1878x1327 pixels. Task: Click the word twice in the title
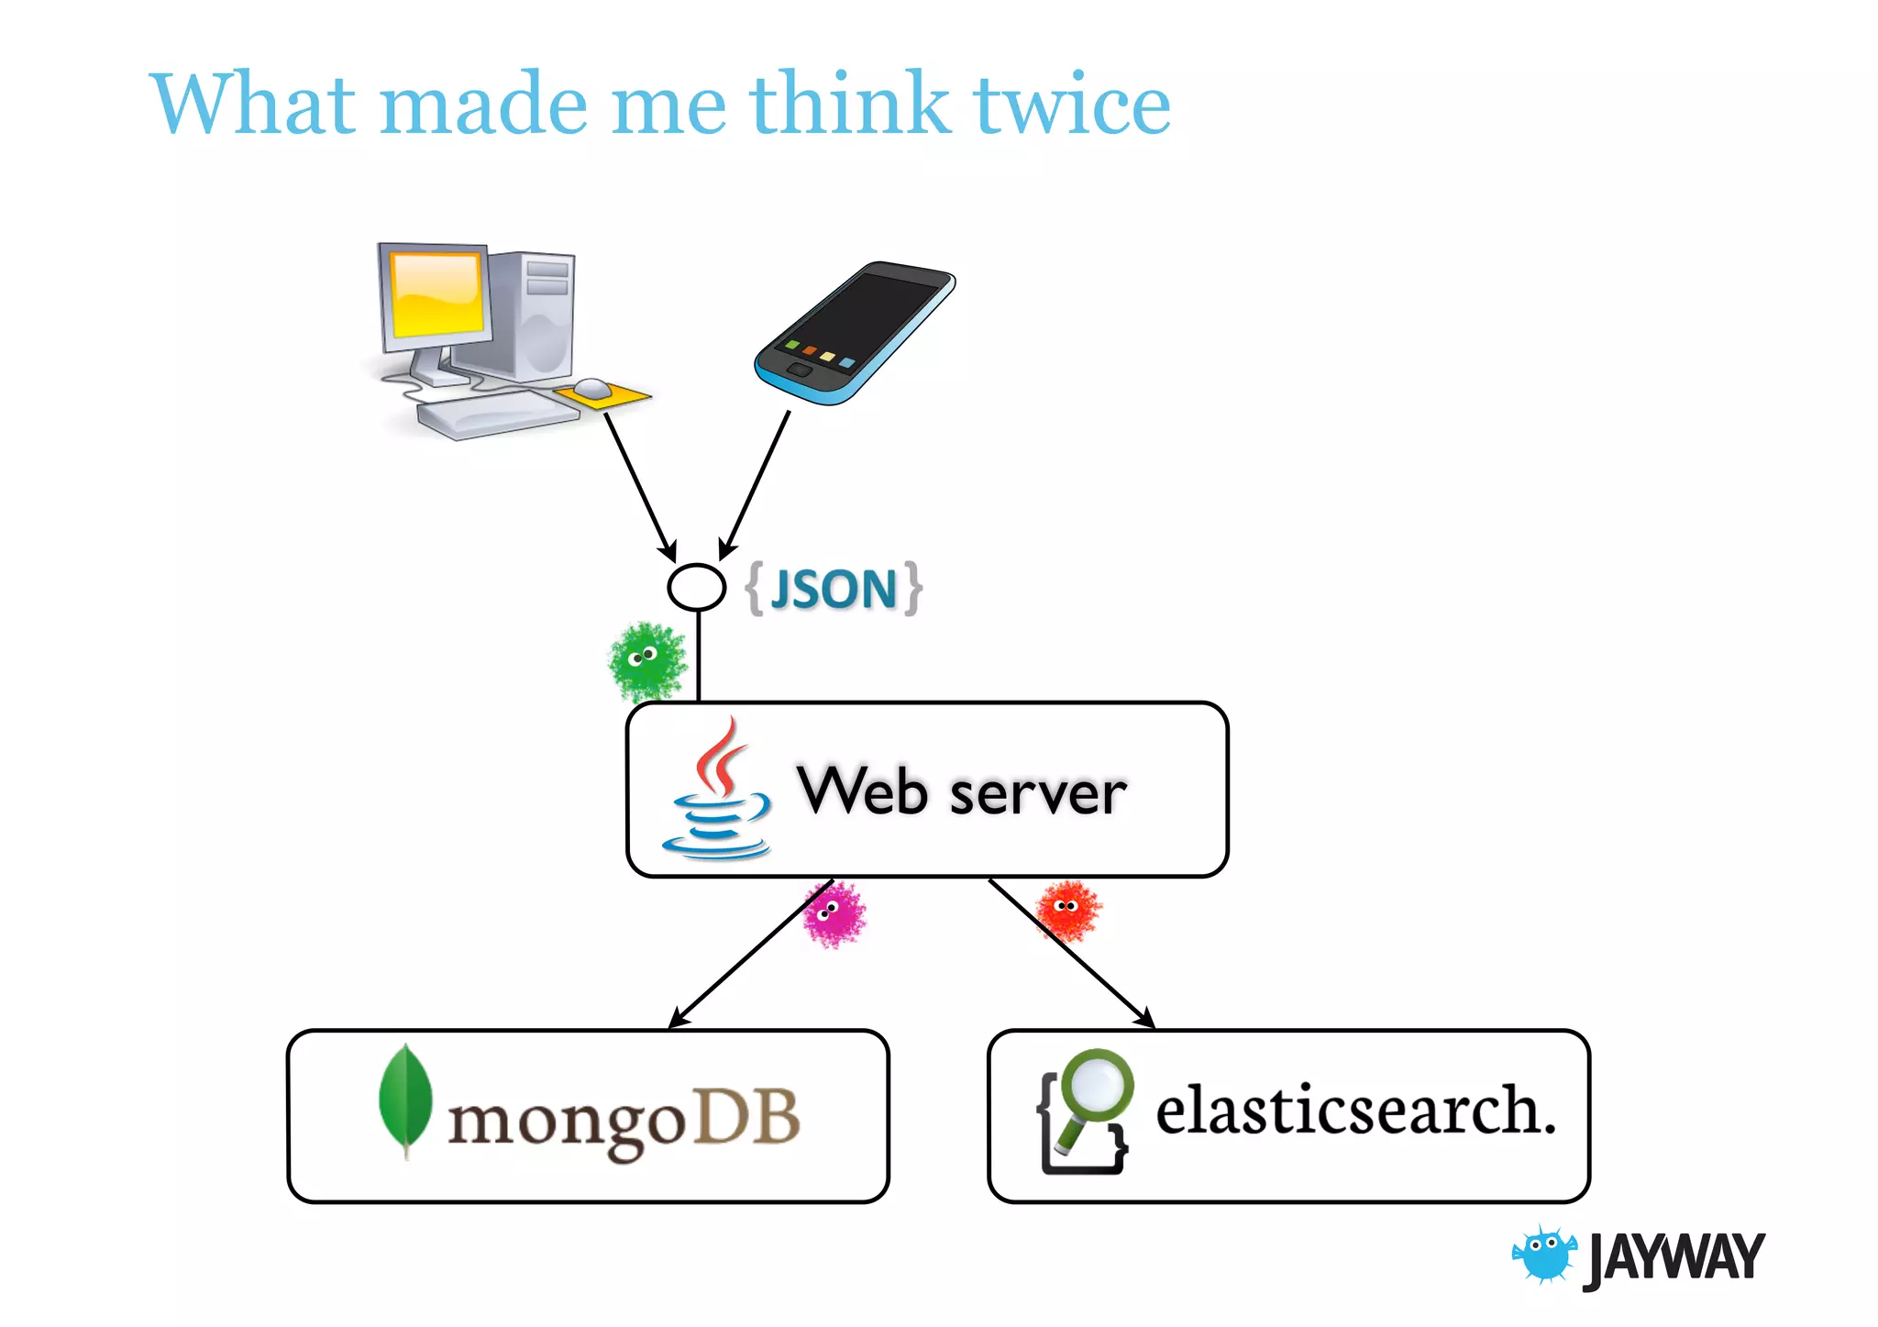click(1071, 105)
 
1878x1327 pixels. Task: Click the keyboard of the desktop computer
click(498, 417)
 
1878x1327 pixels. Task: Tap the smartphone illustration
click(853, 335)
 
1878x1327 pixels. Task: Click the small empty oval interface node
click(696, 587)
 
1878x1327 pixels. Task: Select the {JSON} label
click(834, 589)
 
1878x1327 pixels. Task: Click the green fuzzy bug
click(647, 659)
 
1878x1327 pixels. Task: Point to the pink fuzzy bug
click(834, 913)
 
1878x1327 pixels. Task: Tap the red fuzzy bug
click(1068, 909)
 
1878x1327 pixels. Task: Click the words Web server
click(961, 791)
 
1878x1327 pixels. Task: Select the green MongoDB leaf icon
click(404, 1098)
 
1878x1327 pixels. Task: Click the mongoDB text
click(624, 1121)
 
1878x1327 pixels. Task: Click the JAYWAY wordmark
click(1673, 1257)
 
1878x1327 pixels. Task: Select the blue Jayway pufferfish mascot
click(1544, 1255)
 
